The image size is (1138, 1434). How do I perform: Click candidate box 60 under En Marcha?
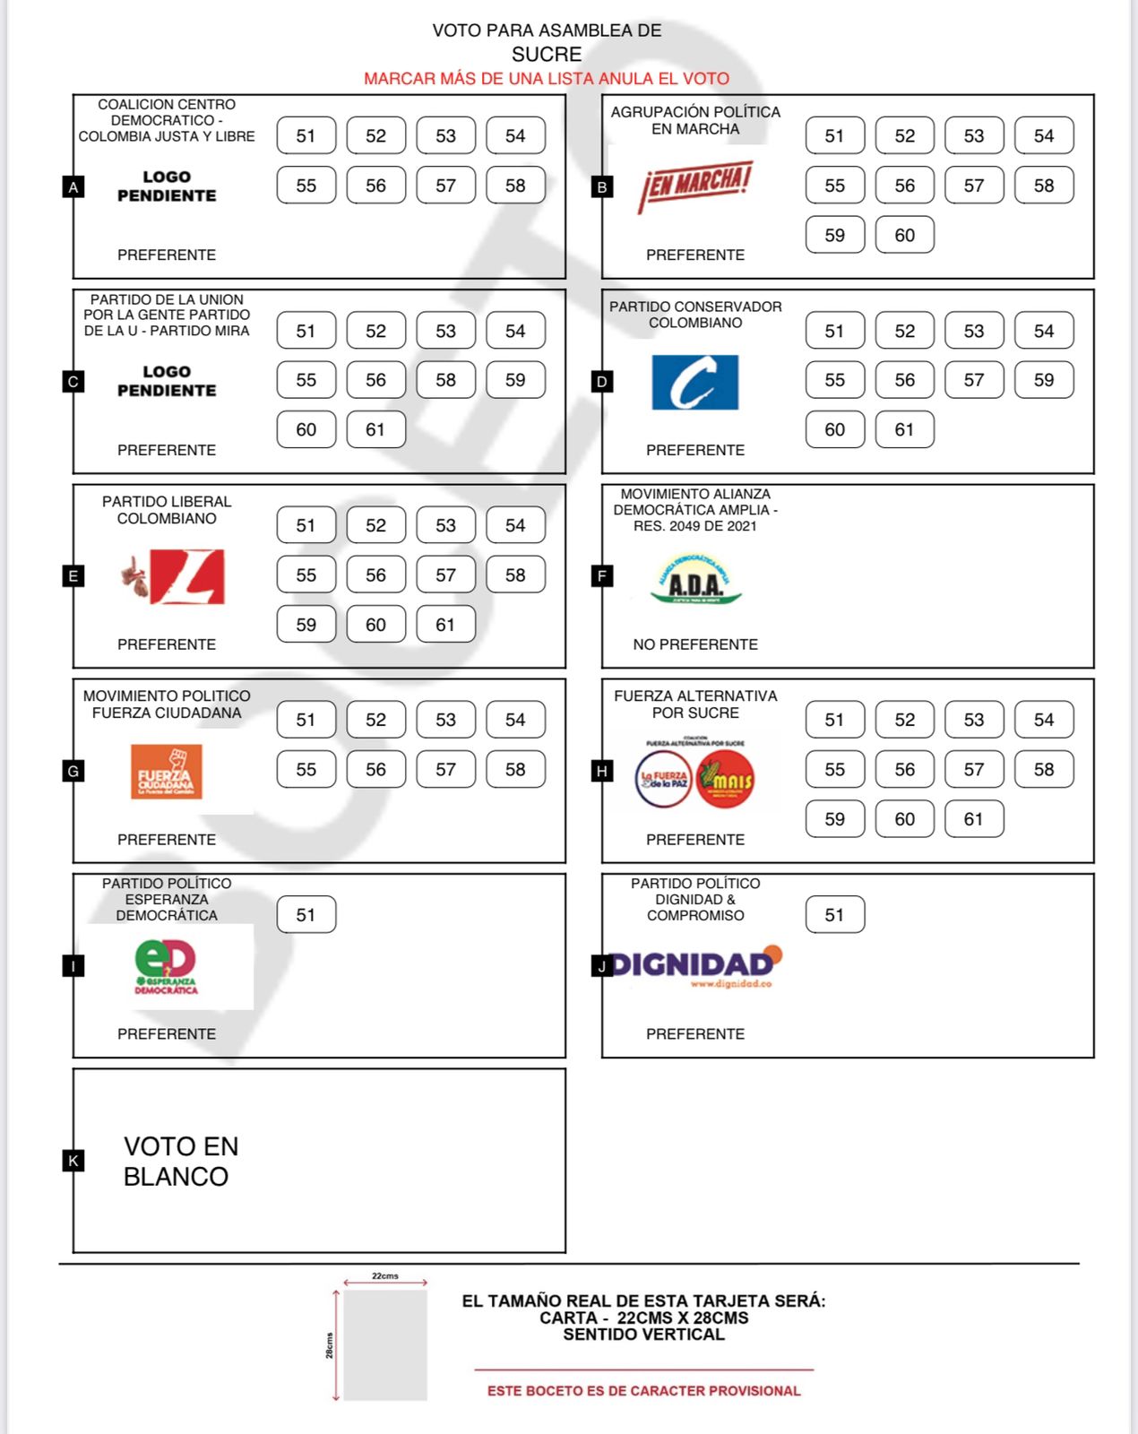tap(904, 235)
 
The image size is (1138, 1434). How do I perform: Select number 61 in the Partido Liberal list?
tap(445, 625)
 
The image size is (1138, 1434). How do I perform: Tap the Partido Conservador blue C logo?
tap(695, 383)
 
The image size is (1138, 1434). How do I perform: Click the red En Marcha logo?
tap(695, 186)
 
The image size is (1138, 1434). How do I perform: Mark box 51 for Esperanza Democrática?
tap(306, 914)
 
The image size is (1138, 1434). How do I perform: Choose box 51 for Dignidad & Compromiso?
tap(834, 914)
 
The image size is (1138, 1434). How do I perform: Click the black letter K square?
tap(73, 1161)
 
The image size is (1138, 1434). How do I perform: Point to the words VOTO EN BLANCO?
tap(181, 1162)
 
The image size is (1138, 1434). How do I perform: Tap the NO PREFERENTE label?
tap(695, 644)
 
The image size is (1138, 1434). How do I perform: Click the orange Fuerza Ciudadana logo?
tap(166, 771)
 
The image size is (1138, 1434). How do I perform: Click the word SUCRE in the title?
tap(547, 55)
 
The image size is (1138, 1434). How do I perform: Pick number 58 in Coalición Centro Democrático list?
tap(515, 186)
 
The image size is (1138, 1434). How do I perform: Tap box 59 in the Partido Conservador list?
tap(1044, 380)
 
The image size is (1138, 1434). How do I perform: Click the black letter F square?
tap(602, 575)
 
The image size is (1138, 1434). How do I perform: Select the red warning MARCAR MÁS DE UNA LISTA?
tap(547, 79)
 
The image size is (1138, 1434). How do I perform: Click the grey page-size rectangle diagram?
tap(385, 1345)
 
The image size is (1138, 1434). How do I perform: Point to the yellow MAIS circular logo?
tap(726, 780)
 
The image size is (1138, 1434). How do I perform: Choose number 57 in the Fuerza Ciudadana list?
tap(445, 769)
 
